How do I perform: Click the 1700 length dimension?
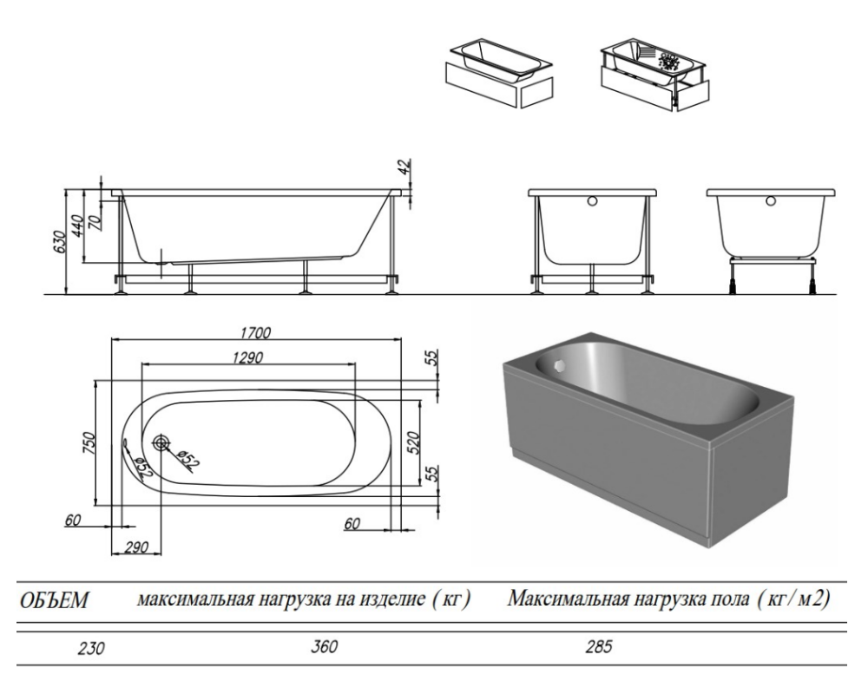click(257, 332)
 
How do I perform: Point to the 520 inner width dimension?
click(414, 442)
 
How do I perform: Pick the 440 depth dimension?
click(76, 225)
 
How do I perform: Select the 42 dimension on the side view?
click(404, 168)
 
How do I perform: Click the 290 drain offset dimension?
click(135, 547)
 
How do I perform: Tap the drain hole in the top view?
click(161, 443)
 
